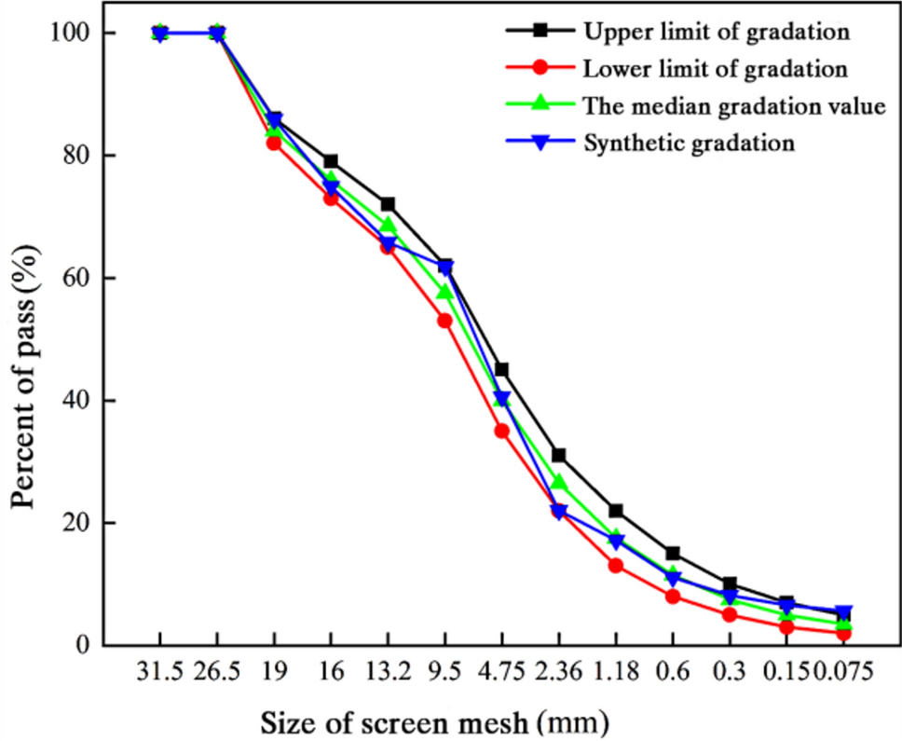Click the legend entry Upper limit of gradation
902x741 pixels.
tap(716, 31)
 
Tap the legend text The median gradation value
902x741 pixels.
tap(733, 105)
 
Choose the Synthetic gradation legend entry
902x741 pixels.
tap(689, 143)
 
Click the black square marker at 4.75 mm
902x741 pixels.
tap(501, 370)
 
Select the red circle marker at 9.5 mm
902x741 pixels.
tap(444, 321)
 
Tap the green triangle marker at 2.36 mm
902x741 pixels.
tap(558, 483)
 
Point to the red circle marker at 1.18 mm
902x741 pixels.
tap(615, 566)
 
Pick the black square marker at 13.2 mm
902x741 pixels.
tap(388, 204)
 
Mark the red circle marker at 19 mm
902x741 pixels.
tap(274, 143)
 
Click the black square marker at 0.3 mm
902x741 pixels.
tap(729, 584)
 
